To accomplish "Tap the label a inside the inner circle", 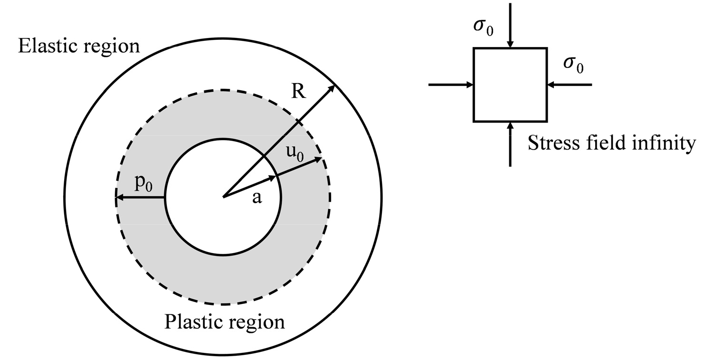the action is [x=257, y=198].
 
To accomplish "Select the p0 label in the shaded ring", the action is [x=143, y=183].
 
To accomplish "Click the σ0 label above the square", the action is [x=483, y=28].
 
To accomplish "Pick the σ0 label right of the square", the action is [x=573, y=66].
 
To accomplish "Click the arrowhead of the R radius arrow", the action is [x=332, y=88].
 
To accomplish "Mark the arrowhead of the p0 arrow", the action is [x=119, y=198].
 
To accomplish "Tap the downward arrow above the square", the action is [x=510, y=26].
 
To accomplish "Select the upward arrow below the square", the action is [x=510, y=144].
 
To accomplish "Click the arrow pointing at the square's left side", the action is [x=451, y=85].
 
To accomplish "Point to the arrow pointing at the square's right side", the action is [x=570, y=85].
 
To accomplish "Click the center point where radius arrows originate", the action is [x=223, y=197].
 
